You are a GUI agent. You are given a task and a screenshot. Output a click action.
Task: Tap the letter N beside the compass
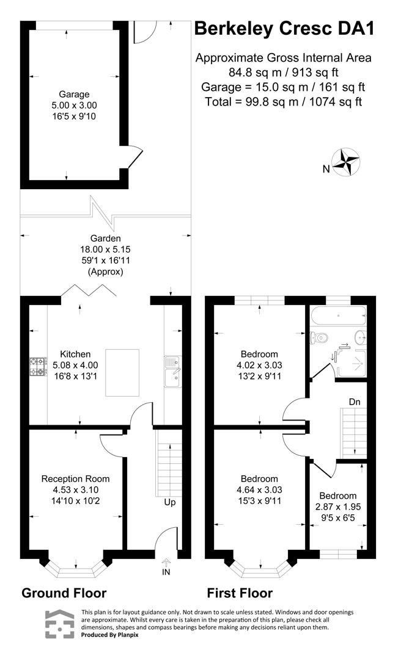pyautogui.click(x=326, y=169)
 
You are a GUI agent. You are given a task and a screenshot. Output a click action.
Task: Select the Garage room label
pyautogui.click(x=74, y=94)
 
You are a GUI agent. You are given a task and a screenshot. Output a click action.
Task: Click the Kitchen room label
pyautogui.click(x=75, y=354)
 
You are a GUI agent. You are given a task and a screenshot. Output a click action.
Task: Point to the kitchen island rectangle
pyautogui.click(x=122, y=372)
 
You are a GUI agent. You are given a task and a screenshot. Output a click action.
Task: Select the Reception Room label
pyautogui.click(x=75, y=478)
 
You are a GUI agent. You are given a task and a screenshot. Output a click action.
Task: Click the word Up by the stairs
pyautogui.click(x=170, y=503)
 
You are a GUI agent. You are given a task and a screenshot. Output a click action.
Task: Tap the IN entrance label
pyautogui.click(x=166, y=572)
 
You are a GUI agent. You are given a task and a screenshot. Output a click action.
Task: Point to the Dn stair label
pyautogui.click(x=355, y=402)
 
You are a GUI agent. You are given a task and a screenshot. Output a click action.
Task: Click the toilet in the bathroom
pyautogui.click(x=318, y=337)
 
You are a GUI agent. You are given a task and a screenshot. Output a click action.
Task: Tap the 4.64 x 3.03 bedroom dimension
pyautogui.click(x=259, y=489)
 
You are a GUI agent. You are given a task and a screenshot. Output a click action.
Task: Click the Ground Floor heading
pyautogui.click(x=64, y=592)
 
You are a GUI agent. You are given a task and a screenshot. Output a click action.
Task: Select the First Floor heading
pyautogui.click(x=240, y=592)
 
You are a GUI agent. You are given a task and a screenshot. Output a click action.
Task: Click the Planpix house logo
pyautogui.click(x=59, y=624)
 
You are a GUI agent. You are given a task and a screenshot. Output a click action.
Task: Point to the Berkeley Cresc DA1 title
pyautogui.click(x=283, y=29)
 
